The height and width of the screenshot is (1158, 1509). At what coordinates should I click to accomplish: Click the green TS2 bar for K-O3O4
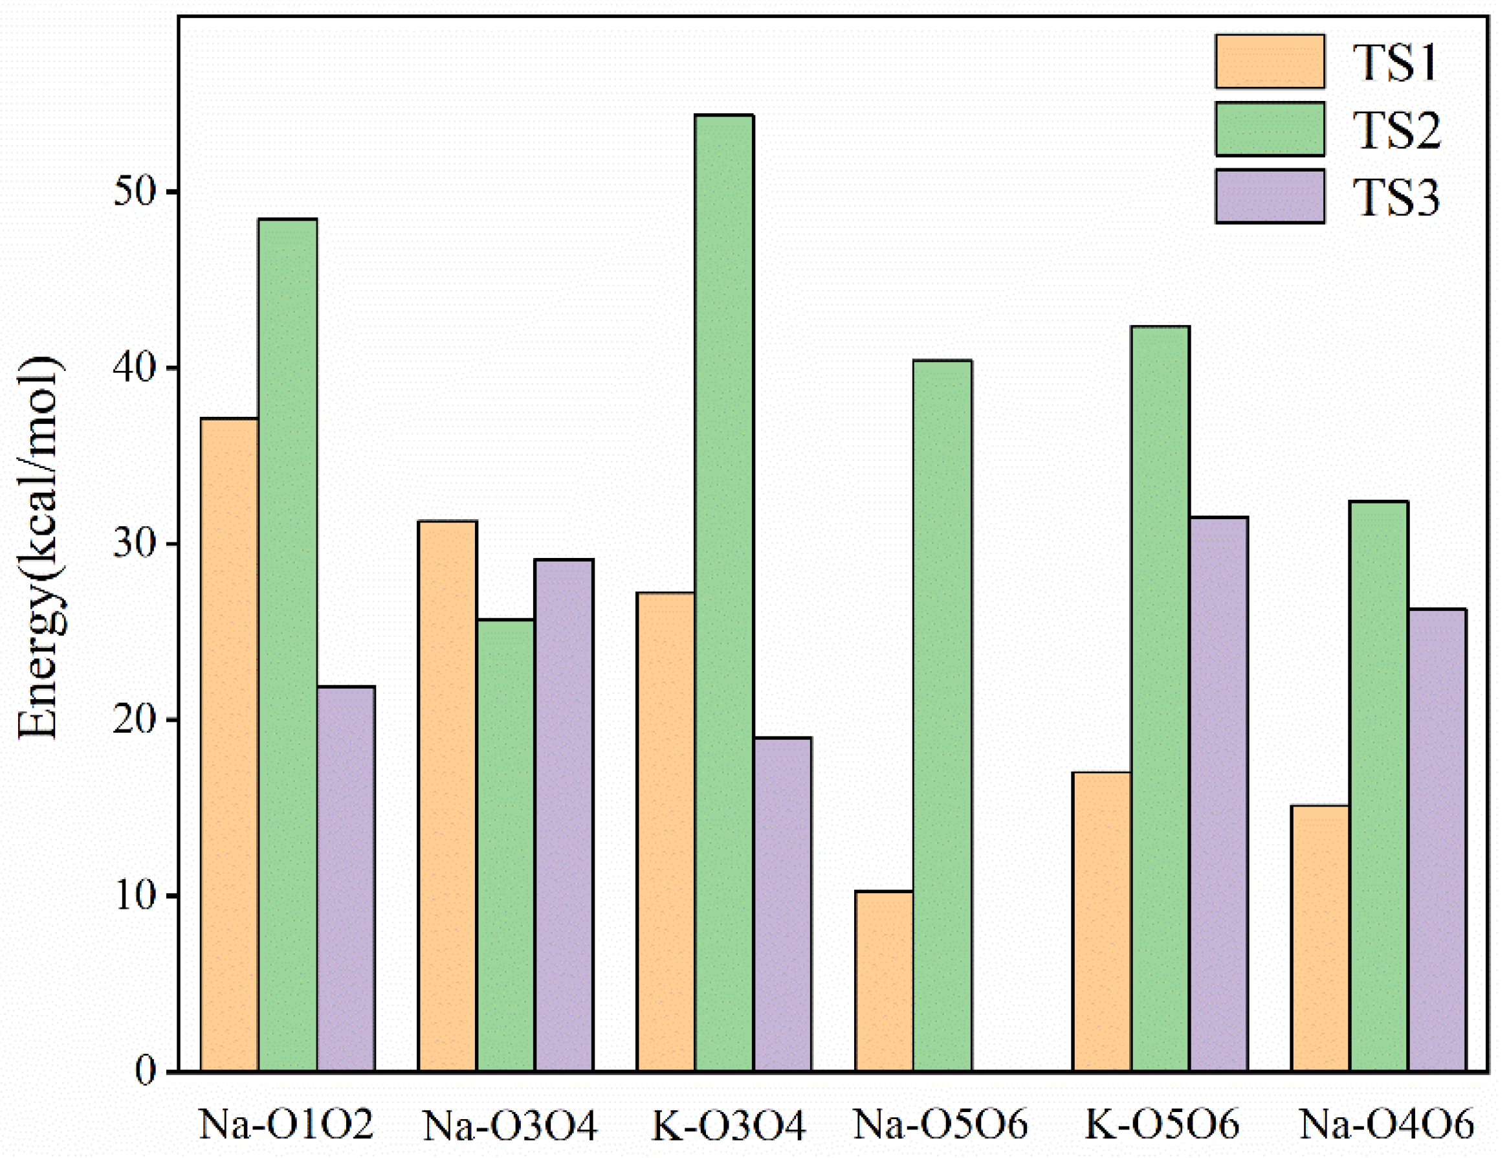point(723,593)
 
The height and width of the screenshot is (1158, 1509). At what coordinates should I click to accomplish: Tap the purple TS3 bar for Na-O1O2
point(346,879)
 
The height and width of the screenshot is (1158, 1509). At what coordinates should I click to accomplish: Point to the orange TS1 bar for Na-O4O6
point(1319,938)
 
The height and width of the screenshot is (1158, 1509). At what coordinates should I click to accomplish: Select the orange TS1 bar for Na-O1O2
point(230,744)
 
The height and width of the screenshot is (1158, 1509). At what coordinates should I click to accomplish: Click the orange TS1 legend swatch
point(1269,61)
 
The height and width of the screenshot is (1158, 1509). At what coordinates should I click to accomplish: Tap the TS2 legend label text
point(1396,129)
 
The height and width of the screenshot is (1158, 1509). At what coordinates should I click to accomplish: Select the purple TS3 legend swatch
point(1269,196)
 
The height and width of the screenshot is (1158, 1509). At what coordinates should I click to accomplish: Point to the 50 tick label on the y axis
point(135,191)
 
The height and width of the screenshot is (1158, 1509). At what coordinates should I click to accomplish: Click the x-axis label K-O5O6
point(1162,1124)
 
